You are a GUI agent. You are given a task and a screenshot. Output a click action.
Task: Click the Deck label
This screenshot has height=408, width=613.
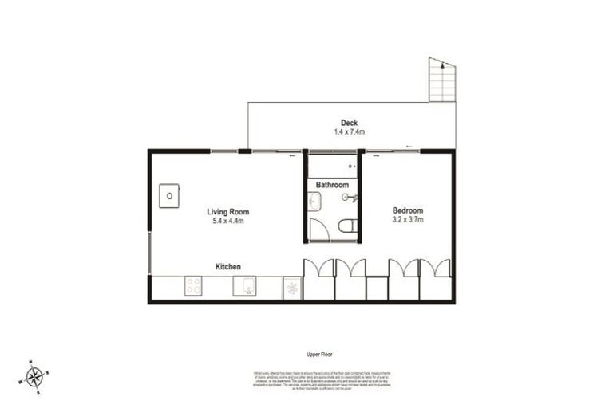[x=349, y=123]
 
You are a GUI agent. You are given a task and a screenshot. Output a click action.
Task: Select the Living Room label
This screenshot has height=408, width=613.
[x=228, y=212]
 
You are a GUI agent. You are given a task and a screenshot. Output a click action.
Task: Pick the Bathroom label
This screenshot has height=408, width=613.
[x=332, y=185]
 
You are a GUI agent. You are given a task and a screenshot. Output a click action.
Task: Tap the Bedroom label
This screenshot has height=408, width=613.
[x=407, y=210]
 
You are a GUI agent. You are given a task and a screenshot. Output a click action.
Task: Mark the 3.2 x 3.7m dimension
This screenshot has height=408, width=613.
[x=407, y=219]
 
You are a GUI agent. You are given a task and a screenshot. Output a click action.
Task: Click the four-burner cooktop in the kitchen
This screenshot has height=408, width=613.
[x=194, y=286]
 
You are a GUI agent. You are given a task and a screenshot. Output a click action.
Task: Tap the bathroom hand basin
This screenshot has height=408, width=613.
[x=313, y=202]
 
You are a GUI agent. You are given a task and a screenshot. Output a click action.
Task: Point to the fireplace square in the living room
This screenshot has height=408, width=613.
[x=169, y=196]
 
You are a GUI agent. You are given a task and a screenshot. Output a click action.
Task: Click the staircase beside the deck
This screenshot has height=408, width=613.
[x=441, y=80]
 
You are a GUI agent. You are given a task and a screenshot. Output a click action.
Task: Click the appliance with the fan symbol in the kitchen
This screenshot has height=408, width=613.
[x=291, y=288]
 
